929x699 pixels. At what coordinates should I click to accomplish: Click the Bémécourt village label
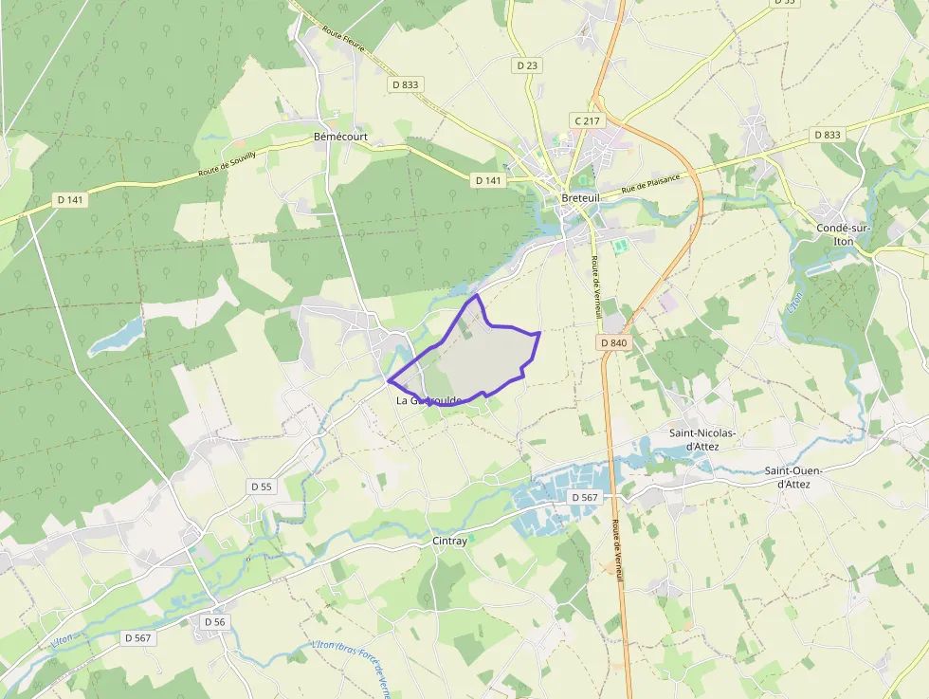click(x=340, y=137)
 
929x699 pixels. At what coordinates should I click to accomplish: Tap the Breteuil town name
click(x=581, y=197)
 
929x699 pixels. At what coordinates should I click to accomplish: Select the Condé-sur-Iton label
click(x=835, y=234)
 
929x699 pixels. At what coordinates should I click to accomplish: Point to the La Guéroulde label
click(x=428, y=400)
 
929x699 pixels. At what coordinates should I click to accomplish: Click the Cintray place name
click(x=449, y=541)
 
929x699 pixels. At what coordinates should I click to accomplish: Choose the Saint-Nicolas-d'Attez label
click(x=702, y=439)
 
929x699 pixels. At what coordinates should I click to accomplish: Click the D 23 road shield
click(x=527, y=65)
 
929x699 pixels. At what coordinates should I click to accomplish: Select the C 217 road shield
click(x=587, y=120)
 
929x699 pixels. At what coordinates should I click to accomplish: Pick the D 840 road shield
click(x=613, y=342)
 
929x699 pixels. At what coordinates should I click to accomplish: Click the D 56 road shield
click(x=215, y=621)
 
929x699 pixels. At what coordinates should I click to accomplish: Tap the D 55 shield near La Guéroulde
click(x=262, y=487)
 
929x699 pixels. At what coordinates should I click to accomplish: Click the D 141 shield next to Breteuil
click(x=487, y=179)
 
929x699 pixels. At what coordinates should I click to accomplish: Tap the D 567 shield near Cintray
click(x=585, y=497)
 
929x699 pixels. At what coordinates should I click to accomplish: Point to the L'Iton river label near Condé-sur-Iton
click(x=794, y=304)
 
